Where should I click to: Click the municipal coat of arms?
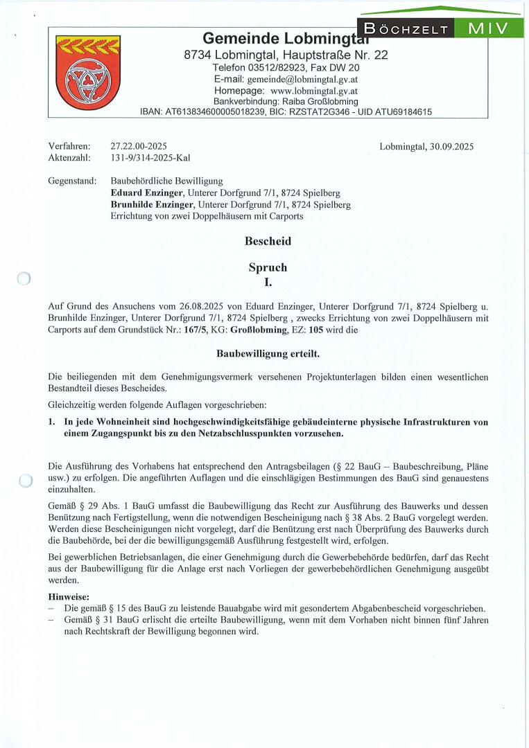(x=78, y=73)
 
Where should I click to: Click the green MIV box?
(x=488, y=28)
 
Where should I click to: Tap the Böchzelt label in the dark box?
(x=406, y=28)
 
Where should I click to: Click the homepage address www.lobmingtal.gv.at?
(x=313, y=91)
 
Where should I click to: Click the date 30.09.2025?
(x=450, y=146)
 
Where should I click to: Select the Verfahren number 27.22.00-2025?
(x=139, y=146)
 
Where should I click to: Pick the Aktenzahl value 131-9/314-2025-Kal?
(x=150, y=157)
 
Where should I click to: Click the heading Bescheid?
(x=268, y=242)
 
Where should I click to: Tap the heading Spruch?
(x=268, y=267)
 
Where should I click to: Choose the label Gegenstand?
(x=73, y=181)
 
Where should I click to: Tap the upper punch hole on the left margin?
(x=24, y=278)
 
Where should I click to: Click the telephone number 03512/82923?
(x=283, y=68)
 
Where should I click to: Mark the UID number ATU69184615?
(x=402, y=112)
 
